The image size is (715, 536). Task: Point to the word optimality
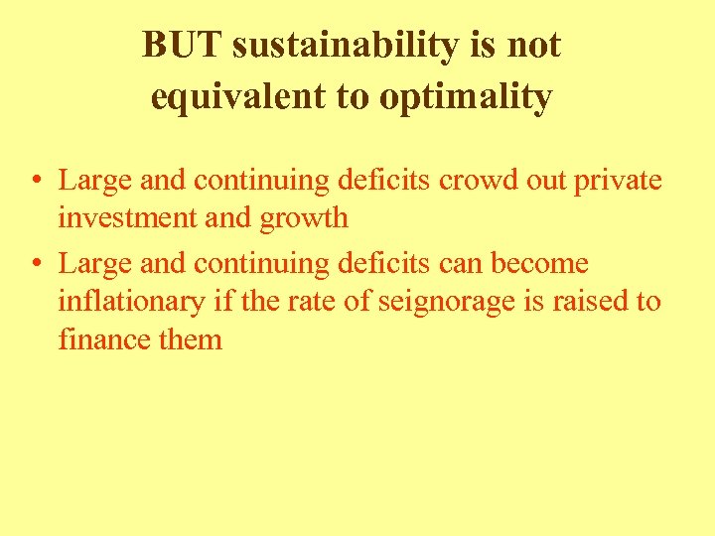click(453, 97)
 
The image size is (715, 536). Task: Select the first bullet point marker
click(35, 182)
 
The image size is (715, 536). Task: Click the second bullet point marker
click(35, 265)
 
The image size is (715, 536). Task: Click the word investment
click(127, 217)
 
